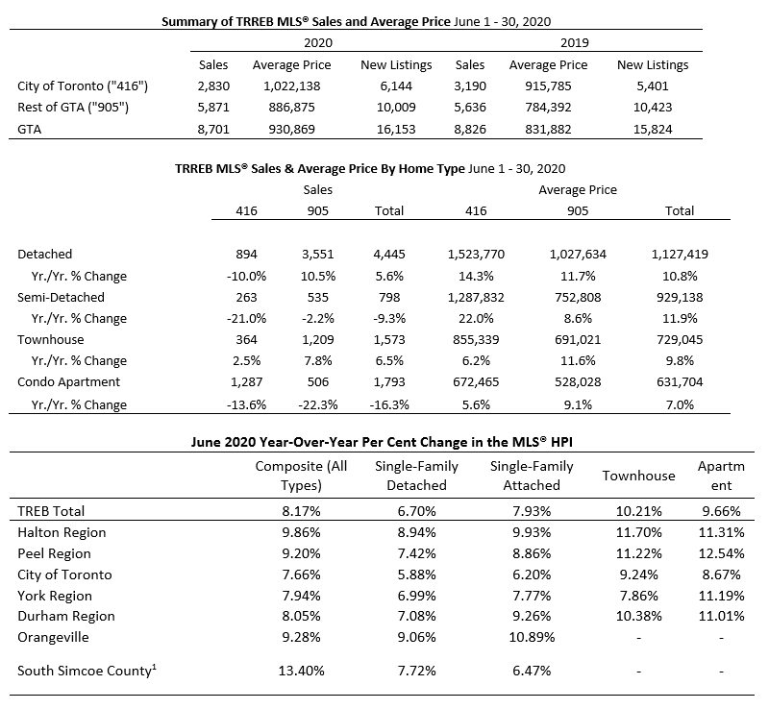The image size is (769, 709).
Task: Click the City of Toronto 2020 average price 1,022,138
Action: pos(292,86)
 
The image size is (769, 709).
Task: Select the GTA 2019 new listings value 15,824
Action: pos(653,130)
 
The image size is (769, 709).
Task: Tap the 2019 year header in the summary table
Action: pos(574,42)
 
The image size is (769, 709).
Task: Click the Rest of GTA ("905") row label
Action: pos(73,108)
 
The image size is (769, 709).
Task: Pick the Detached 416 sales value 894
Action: pos(246,254)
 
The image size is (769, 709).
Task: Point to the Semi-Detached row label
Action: pos(61,297)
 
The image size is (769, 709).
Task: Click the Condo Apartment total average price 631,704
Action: pos(680,382)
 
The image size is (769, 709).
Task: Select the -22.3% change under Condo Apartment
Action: pos(318,405)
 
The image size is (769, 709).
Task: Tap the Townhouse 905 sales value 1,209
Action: pos(318,340)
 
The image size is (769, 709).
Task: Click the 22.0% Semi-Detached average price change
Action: pos(476,319)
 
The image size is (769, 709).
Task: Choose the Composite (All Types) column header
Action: pos(301,476)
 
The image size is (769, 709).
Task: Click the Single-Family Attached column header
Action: pos(532,476)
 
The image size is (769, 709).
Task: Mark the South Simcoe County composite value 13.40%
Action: pos(301,671)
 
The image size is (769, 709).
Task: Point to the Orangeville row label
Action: pos(54,637)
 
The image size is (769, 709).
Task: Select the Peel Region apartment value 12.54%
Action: pos(721,553)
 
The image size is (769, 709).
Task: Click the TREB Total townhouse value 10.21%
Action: pos(638,511)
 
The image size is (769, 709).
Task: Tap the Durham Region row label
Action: pos(66,617)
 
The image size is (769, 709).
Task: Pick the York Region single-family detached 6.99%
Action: pos(416,596)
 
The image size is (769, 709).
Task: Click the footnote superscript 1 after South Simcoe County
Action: pos(154,667)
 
